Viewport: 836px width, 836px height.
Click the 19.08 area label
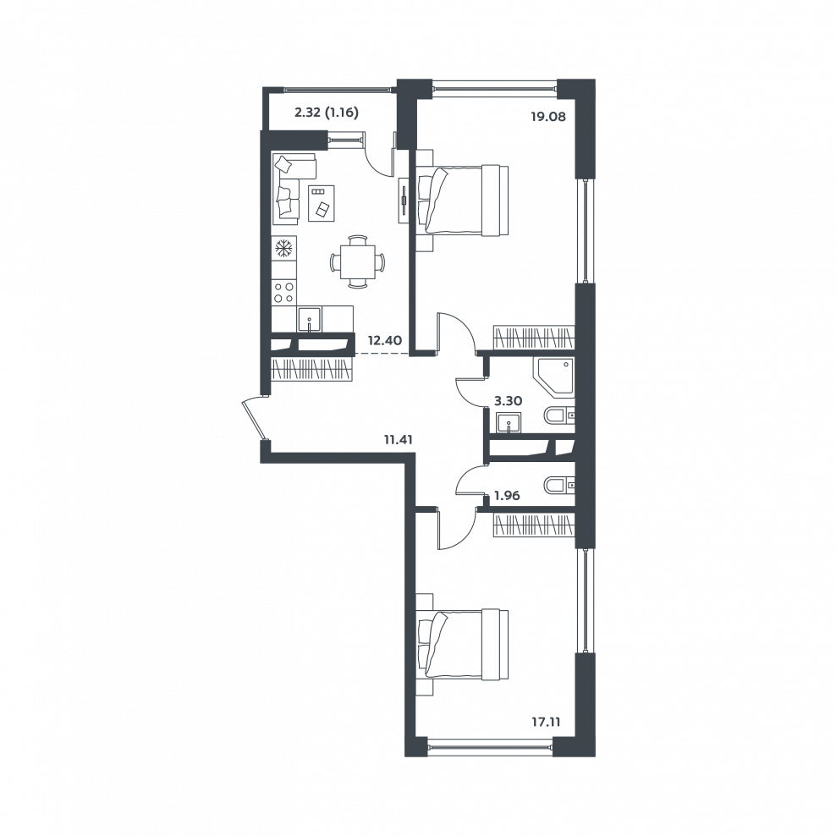point(547,116)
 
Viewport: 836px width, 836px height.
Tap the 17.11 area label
point(545,723)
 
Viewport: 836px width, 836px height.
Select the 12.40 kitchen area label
point(384,339)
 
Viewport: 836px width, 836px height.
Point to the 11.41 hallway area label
point(399,440)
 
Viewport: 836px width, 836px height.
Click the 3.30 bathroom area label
point(508,401)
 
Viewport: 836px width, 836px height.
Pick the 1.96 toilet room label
point(507,496)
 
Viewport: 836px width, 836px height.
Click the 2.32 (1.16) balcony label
point(327,113)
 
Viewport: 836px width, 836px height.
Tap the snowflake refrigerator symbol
point(283,247)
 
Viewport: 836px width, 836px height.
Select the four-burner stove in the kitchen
point(283,292)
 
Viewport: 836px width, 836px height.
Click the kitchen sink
point(310,319)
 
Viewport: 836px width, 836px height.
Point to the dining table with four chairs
point(357,261)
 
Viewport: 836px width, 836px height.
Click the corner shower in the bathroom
point(554,377)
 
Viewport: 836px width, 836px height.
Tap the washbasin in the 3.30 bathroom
point(509,423)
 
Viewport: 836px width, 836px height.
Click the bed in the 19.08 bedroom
point(462,200)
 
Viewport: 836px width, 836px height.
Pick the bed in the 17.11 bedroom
point(462,645)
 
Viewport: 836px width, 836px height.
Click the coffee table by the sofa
point(322,202)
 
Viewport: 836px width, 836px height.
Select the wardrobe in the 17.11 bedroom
point(534,525)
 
